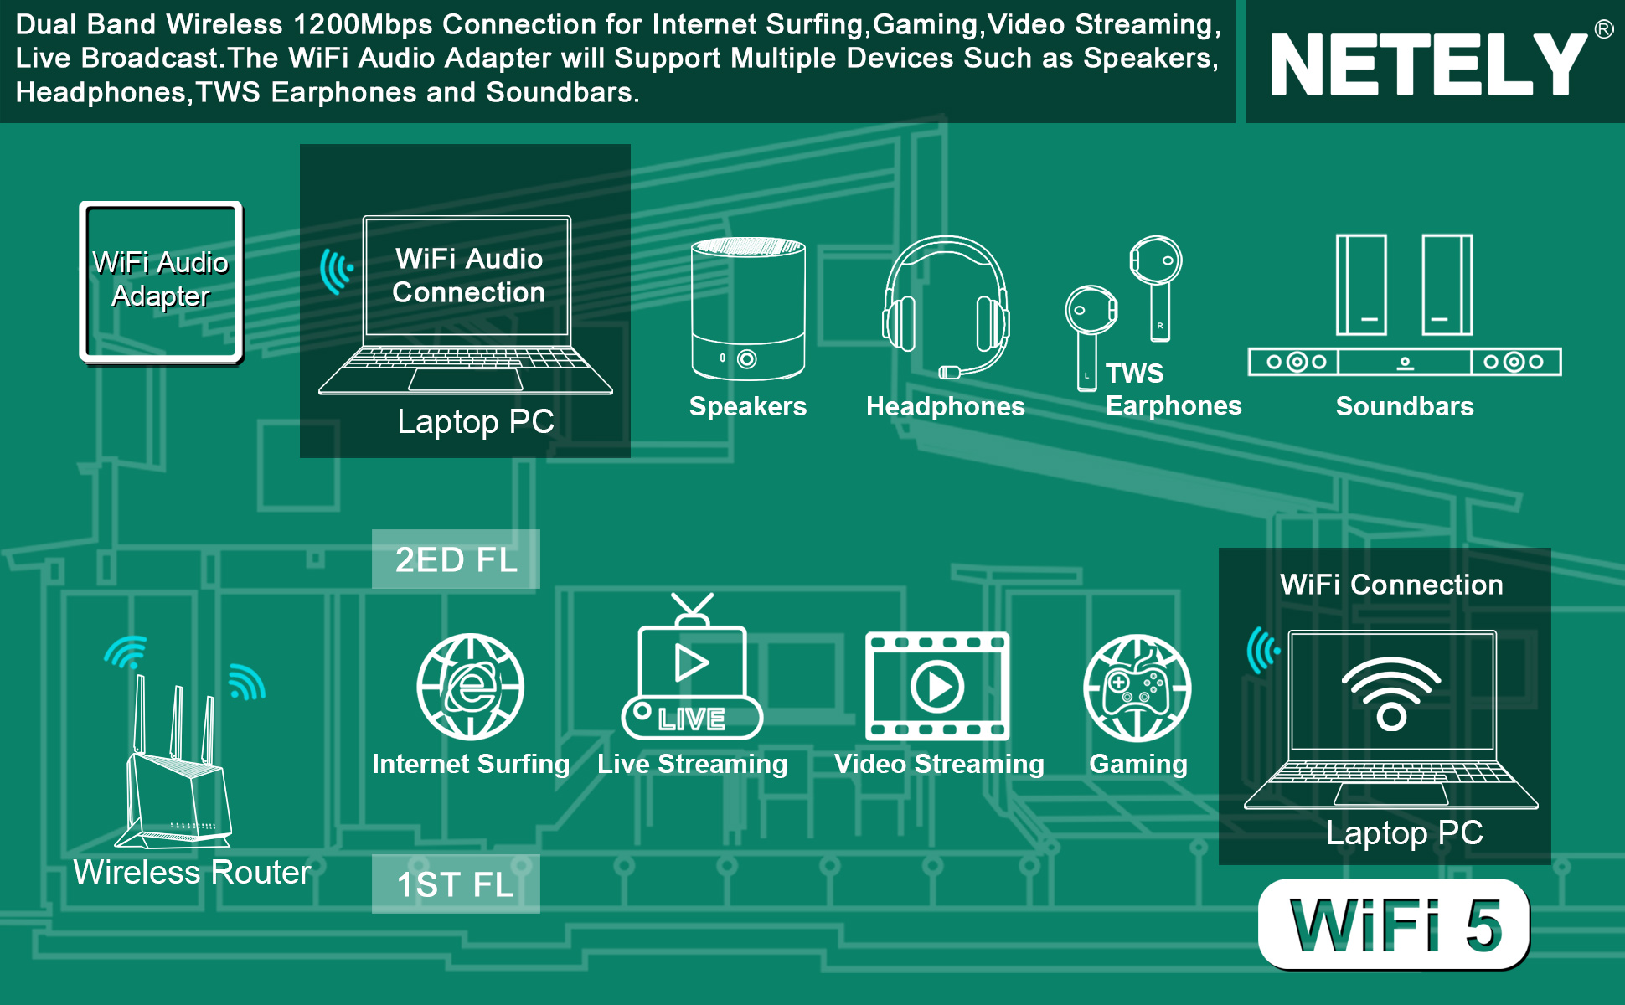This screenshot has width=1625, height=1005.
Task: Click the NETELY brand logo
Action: pos(1428,65)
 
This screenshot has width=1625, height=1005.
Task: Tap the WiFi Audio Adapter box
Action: pos(161,281)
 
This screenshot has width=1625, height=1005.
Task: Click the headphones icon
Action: pos(946,307)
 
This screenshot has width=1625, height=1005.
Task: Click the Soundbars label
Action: pos(1404,406)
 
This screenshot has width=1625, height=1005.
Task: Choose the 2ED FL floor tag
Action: pos(456,559)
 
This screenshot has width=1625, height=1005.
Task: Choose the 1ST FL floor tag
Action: pos(456,884)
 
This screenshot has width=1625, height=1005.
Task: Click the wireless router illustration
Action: pos(178,770)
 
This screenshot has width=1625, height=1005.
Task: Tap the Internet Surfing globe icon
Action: pos(471,687)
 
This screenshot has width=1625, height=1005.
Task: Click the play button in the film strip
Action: pos(937,687)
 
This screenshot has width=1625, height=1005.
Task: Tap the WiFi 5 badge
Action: pos(1394,925)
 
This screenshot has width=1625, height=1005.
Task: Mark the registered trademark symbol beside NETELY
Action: pos(1603,30)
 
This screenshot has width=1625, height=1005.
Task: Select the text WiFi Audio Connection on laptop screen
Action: pos(468,276)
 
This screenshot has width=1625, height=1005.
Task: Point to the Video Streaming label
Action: pos(939,764)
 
